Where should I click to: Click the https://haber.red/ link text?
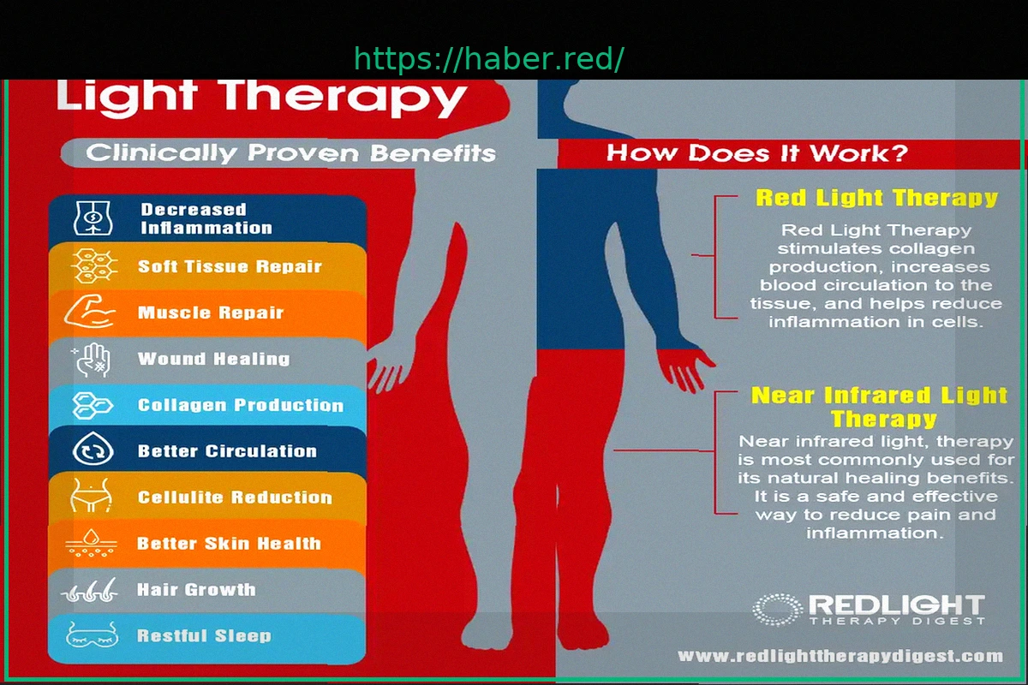pos(489,59)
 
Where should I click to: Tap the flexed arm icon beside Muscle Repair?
pos(90,312)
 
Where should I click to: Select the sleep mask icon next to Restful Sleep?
pos(92,635)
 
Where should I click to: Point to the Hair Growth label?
pos(196,590)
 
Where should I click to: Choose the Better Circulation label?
pos(227,451)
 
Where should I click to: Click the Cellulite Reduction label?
pos(235,497)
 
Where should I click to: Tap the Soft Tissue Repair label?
pos(230,266)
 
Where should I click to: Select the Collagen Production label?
pos(241,405)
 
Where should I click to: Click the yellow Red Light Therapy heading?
pos(876,198)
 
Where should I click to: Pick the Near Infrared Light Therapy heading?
pos(879,407)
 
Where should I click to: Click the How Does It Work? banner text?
pos(757,153)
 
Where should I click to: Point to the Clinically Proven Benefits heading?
pos(291,152)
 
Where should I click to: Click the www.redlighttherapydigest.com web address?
pos(840,656)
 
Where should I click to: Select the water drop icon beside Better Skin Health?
pos(92,543)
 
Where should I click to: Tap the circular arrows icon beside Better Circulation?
pos(93,450)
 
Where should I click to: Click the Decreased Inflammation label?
pos(206,219)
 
